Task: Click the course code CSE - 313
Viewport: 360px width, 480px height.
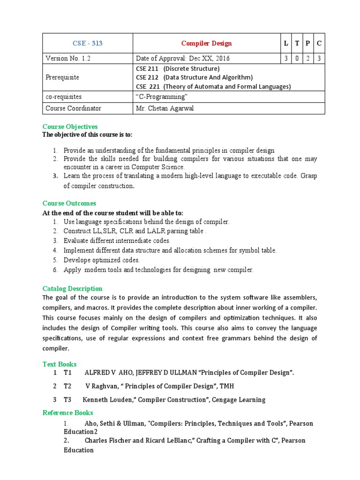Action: (x=88, y=44)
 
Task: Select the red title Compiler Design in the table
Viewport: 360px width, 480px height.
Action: (x=206, y=44)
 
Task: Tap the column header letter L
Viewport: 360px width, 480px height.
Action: (x=286, y=44)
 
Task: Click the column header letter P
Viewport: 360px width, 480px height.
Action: (x=308, y=44)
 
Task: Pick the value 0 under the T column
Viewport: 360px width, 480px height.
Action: (x=297, y=59)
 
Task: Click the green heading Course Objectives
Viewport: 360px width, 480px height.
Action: (x=70, y=127)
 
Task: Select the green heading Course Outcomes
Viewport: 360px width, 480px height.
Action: (x=69, y=203)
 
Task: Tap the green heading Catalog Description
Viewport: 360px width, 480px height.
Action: (x=72, y=289)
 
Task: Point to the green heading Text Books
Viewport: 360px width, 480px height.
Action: (x=60, y=364)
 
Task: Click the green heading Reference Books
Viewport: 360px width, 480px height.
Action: (x=67, y=413)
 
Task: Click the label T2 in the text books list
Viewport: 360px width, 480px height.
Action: (x=67, y=386)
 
